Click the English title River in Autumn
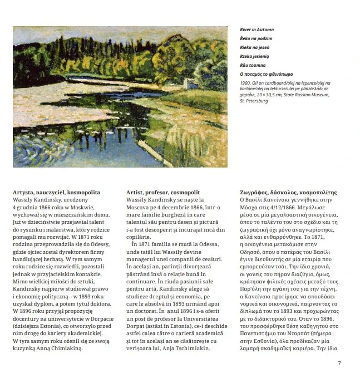click(257, 30)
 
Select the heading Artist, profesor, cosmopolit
click(163, 192)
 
